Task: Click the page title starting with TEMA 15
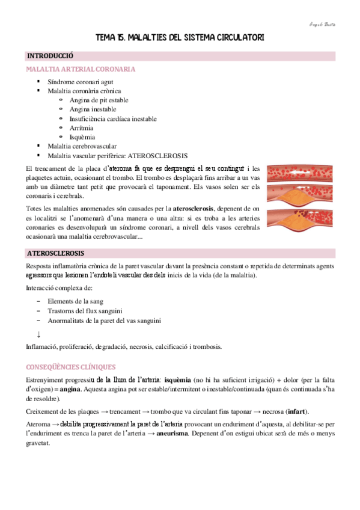pyautogui.click(x=180, y=38)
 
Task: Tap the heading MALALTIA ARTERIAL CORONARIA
pyautogui.click(x=81, y=69)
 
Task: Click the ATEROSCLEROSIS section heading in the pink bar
pyautogui.click(x=55, y=253)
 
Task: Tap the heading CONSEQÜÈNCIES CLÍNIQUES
pyautogui.click(x=71, y=367)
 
